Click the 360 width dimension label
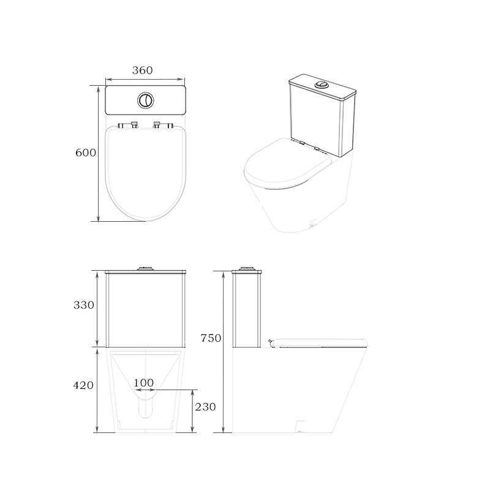pos(143,71)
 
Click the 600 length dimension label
pos(86,153)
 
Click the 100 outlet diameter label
pos(143,383)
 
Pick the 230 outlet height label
pos(205,407)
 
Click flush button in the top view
pos(145,100)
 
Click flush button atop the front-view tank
pos(145,268)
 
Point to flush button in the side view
pos(247,268)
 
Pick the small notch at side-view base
pos(300,425)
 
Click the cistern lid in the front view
pos(145,272)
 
